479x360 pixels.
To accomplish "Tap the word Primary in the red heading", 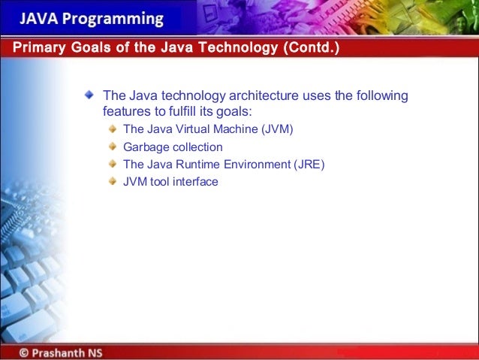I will pyautogui.click(x=38, y=50).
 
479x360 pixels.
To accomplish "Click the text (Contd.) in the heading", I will pyautogui.click(x=310, y=50).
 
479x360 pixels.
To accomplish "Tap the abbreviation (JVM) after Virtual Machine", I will pyautogui.click(x=277, y=129).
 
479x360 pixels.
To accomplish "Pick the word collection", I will pyautogui.click(x=196, y=147).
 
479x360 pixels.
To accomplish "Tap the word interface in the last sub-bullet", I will pyautogui.click(x=195, y=181).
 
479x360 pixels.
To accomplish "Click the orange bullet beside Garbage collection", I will pyautogui.click(x=113, y=147).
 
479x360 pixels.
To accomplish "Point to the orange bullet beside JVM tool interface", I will pyautogui.click(x=113, y=180).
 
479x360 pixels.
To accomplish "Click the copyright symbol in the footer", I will pyautogui.click(x=25, y=352).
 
